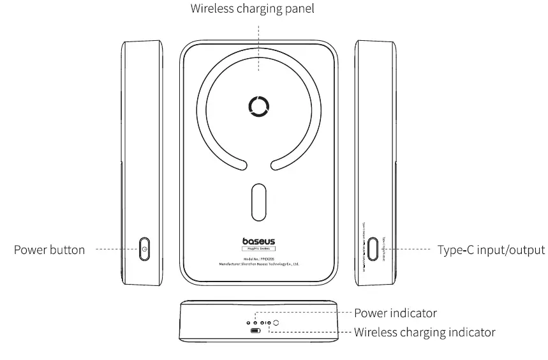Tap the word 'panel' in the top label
pos(299,10)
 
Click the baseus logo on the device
pos(259,241)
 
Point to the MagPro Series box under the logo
pos(259,250)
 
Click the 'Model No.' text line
pos(259,258)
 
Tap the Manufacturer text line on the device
pos(259,263)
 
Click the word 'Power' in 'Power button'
pos(31,250)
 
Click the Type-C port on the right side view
pos(372,249)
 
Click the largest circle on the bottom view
pos(276,324)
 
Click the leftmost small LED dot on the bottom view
pos(249,324)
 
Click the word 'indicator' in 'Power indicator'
pos(412,313)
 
